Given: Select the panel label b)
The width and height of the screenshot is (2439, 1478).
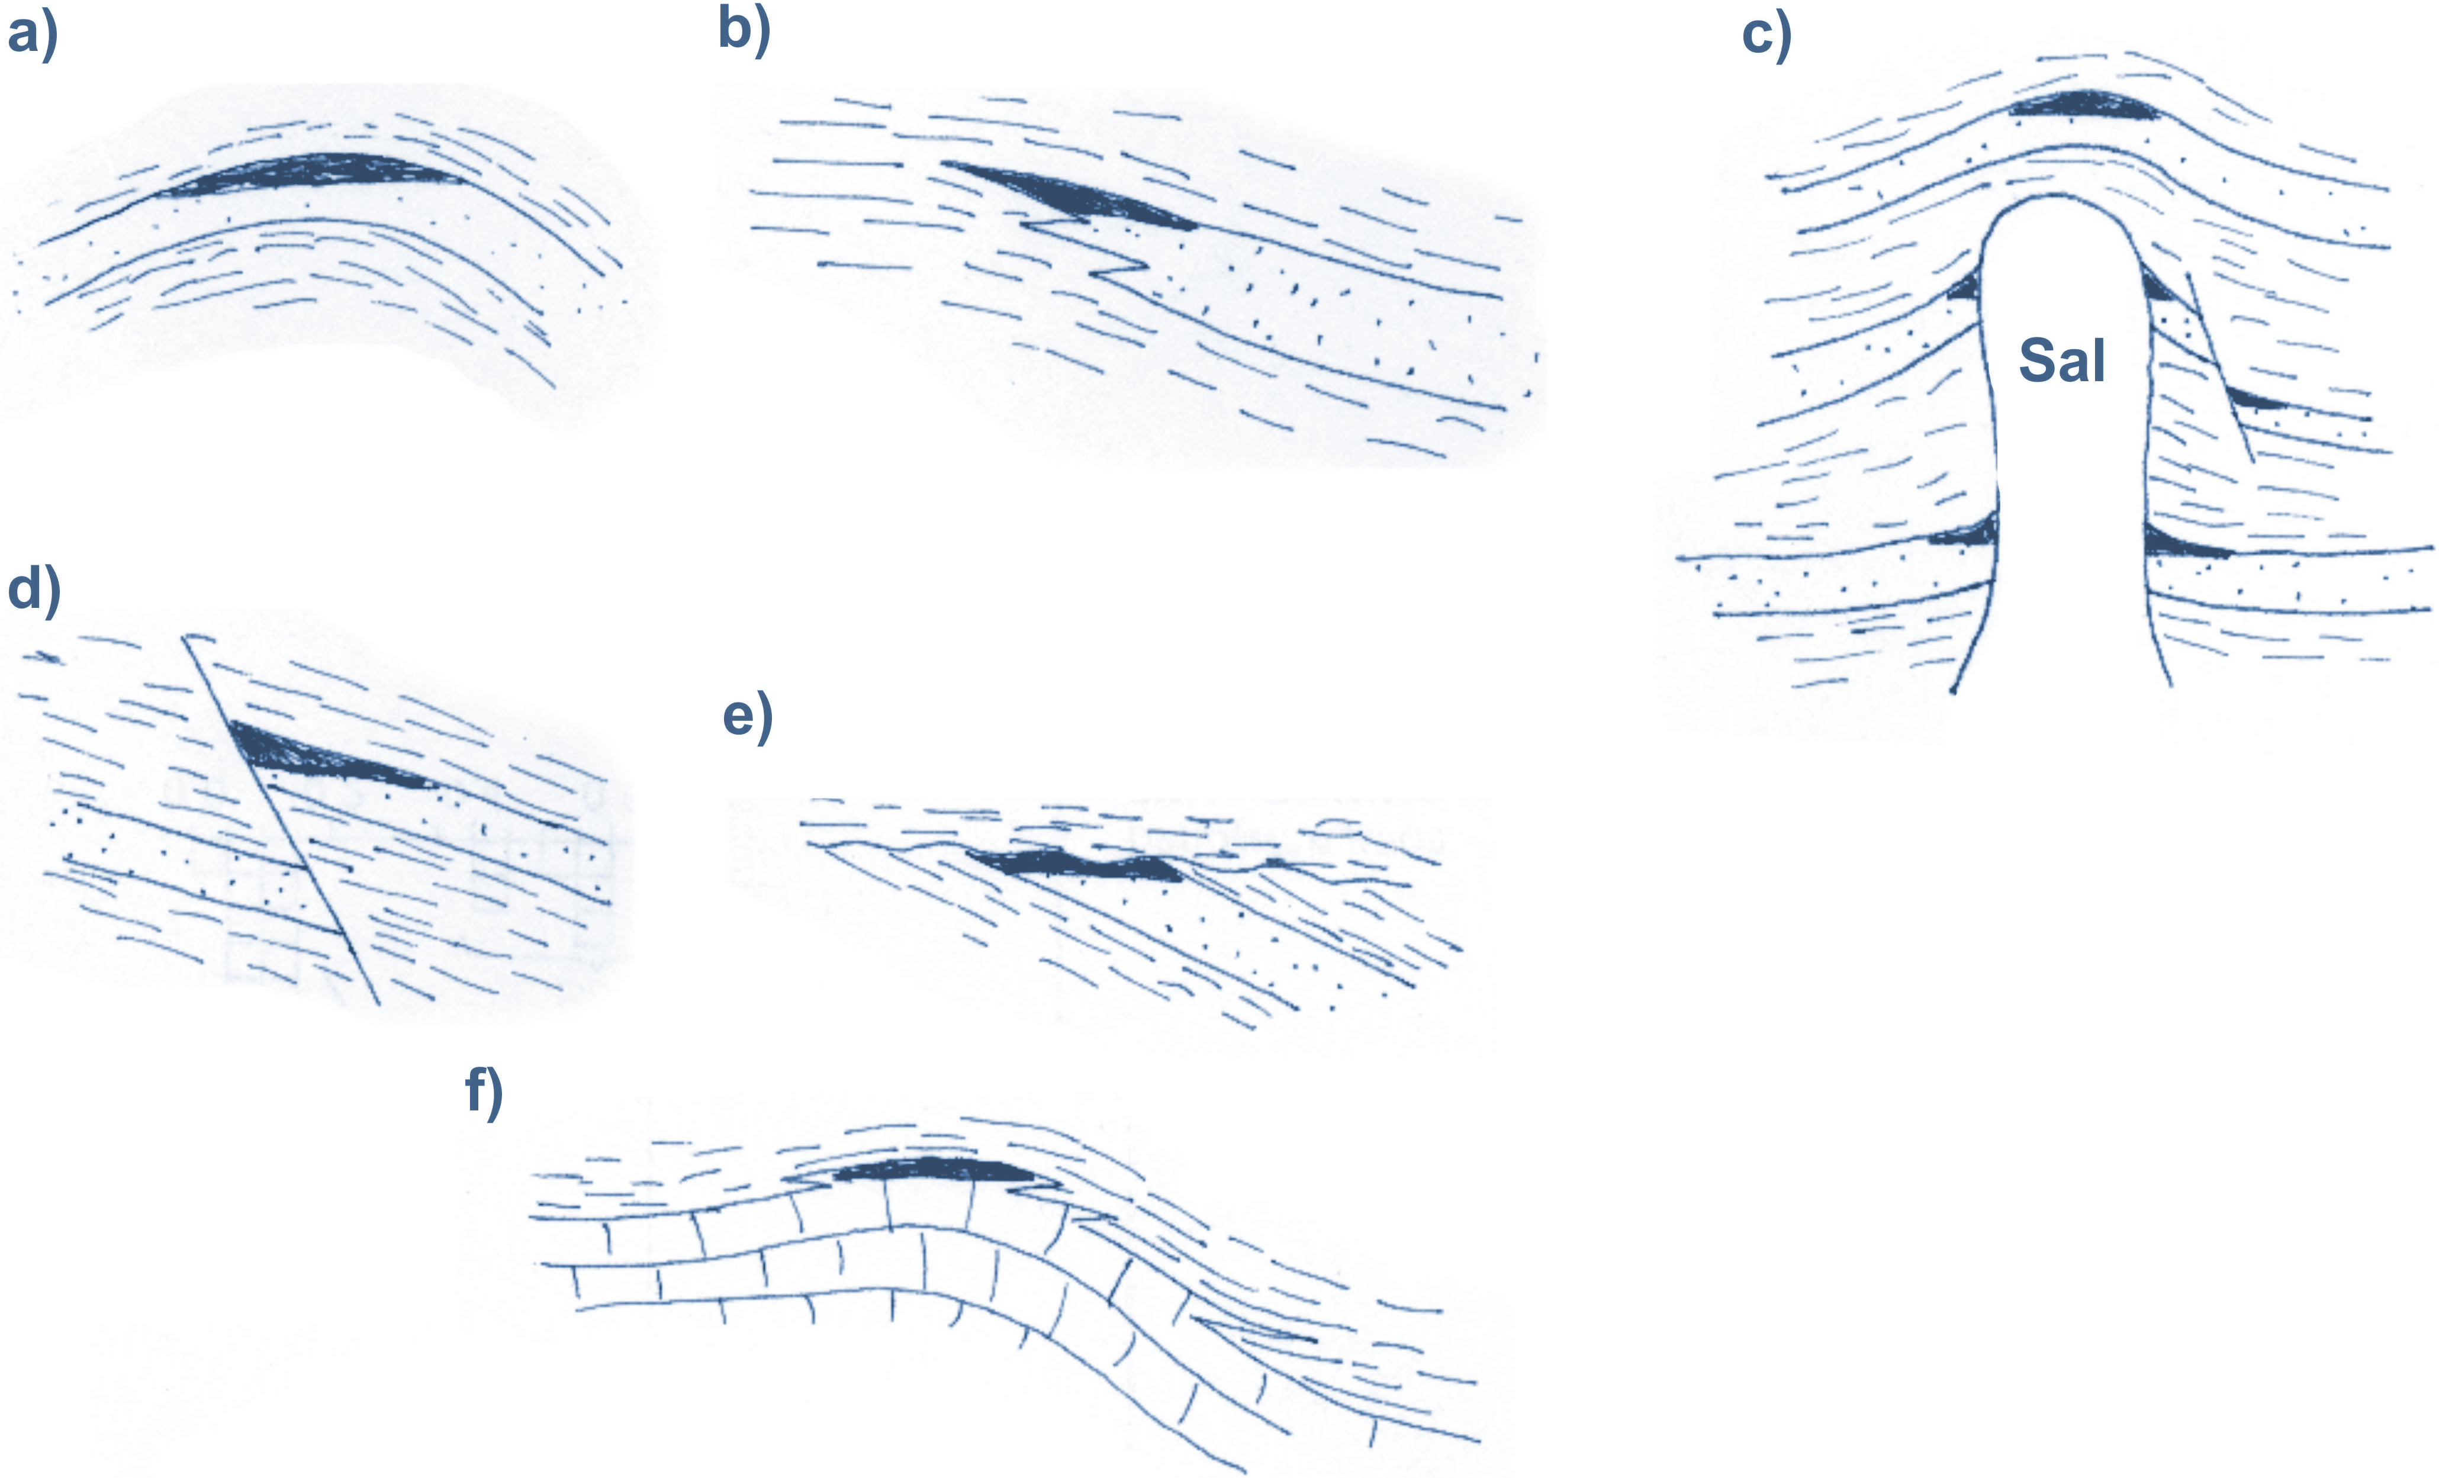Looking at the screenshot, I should [x=744, y=30].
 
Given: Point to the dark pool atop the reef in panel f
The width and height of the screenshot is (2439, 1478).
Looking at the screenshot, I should [x=931, y=1171].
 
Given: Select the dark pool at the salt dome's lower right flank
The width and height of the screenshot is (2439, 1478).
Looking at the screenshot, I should [x=2183, y=543].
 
